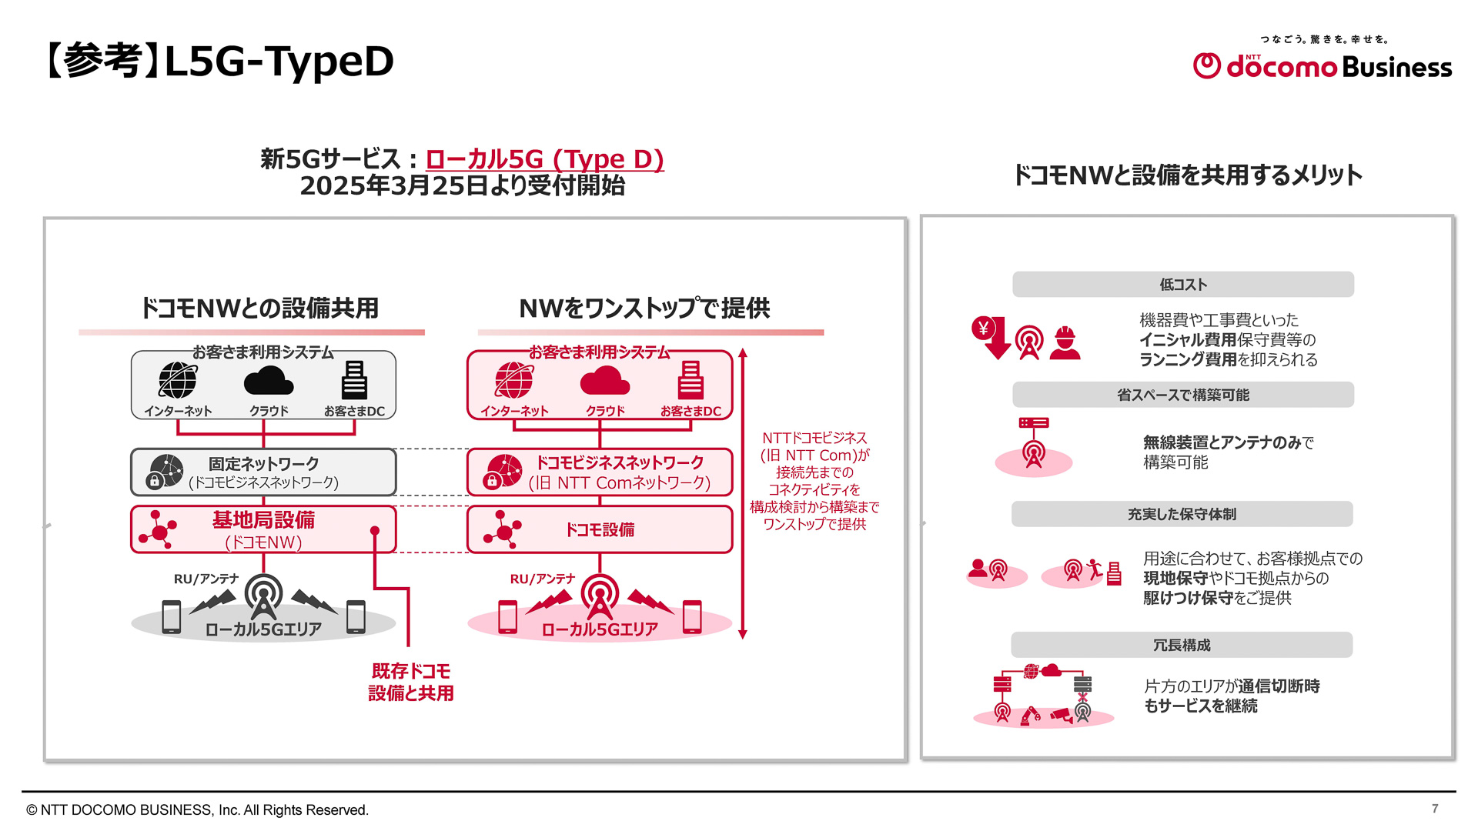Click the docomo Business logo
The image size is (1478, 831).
tap(1322, 65)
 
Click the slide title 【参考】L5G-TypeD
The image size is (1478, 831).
tap(219, 62)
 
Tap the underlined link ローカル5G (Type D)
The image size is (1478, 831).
tap(544, 159)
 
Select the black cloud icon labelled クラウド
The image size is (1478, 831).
tap(268, 380)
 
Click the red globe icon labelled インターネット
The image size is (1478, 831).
tap(513, 380)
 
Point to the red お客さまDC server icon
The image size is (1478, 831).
tap(691, 380)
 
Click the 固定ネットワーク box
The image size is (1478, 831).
tap(263, 472)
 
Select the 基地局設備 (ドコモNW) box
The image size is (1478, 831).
tap(263, 529)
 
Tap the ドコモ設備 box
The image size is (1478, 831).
tap(599, 529)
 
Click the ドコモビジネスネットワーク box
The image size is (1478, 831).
tap(599, 472)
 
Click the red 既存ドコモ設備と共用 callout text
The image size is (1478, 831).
tap(410, 682)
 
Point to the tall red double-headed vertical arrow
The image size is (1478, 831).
tap(742, 492)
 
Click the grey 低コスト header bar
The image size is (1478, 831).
tap(1182, 284)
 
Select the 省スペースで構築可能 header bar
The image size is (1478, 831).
tap(1182, 395)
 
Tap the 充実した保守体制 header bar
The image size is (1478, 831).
tap(1182, 514)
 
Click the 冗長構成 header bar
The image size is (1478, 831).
tap(1182, 645)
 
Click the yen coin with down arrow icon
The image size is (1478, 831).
tap(990, 336)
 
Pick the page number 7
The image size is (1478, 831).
tap(1435, 808)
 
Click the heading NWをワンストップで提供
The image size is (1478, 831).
tap(644, 308)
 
